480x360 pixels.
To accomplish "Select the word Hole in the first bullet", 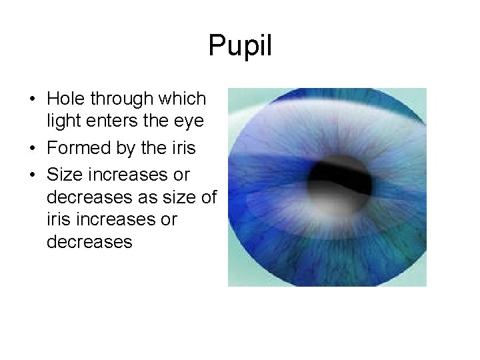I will [x=65, y=99].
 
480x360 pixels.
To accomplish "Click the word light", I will [x=62, y=122].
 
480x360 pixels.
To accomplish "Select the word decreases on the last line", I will [x=89, y=241].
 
